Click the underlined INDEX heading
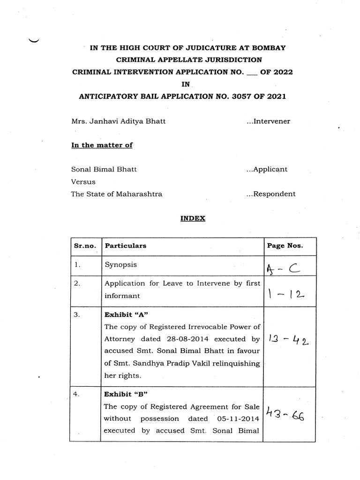[x=193, y=218]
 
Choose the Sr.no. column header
[x=84, y=246]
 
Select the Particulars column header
[x=126, y=246]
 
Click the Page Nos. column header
[x=285, y=246]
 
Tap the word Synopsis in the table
[x=121, y=265]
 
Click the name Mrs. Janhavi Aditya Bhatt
[x=118, y=121]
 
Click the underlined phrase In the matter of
[x=102, y=145]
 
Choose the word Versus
[x=83, y=182]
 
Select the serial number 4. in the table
[x=76, y=394]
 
